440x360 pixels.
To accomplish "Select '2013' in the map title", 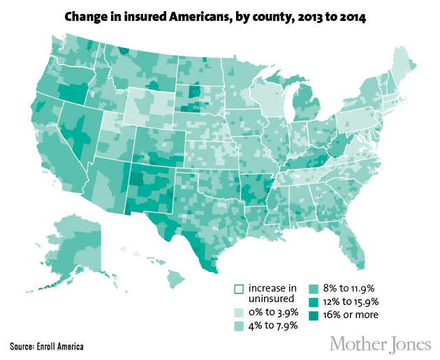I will [307, 15].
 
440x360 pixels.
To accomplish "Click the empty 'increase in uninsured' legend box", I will [238, 288].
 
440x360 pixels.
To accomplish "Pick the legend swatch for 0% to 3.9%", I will [238, 312].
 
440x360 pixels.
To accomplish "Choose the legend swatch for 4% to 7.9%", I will [238, 325].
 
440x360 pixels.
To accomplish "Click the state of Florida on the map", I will [356, 248].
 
